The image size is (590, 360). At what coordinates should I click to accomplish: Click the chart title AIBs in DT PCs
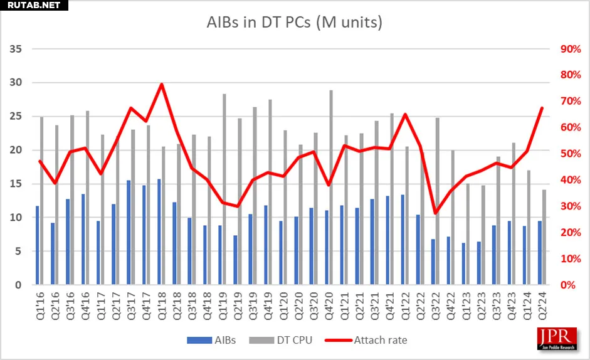[295, 23]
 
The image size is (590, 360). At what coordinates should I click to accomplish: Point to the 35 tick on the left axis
[16, 49]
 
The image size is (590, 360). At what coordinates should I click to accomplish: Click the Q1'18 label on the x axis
[161, 305]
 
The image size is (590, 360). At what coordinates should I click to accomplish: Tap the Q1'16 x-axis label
[40, 305]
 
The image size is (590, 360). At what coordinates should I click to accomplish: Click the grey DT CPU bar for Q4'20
[331, 188]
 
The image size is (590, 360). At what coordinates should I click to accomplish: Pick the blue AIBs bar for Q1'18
[159, 232]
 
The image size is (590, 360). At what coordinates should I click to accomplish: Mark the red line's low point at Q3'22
[436, 213]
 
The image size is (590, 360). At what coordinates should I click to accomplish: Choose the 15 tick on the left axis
[16, 184]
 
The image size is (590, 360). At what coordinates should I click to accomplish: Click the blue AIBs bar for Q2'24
[539, 253]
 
